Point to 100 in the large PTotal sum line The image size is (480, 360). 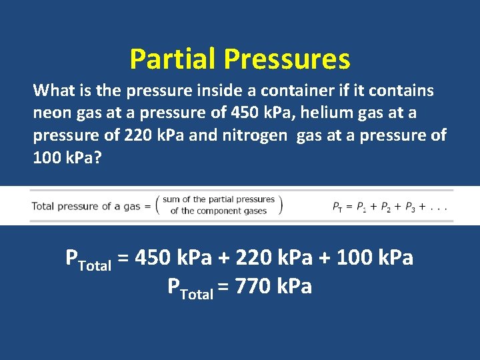[x=356, y=257]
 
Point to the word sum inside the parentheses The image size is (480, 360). [x=171, y=199]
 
